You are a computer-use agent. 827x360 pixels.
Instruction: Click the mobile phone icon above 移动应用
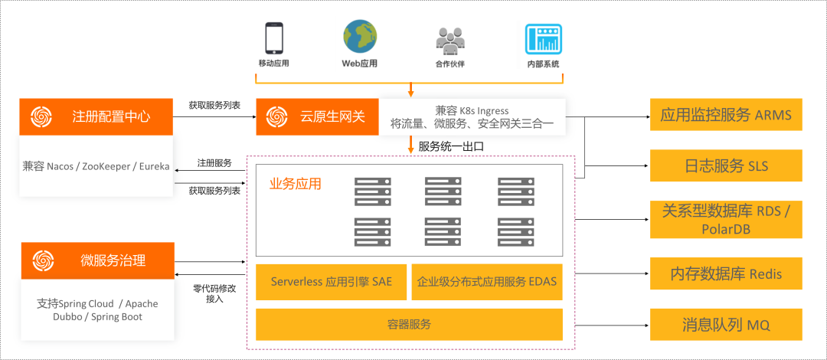point(273,38)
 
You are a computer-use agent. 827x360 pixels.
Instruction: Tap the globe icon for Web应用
point(359,36)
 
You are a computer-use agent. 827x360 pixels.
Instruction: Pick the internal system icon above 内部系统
point(543,38)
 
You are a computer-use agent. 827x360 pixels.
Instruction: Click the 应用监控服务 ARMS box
point(725,116)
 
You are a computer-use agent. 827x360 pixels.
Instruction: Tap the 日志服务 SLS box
point(725,165)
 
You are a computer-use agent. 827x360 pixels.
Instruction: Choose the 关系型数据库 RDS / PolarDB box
point(725,219)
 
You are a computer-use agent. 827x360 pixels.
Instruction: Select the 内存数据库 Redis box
point(725,273)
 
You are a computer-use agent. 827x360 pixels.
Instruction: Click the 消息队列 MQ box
point(725,325)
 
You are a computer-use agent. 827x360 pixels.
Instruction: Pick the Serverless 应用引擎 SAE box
point(331,282)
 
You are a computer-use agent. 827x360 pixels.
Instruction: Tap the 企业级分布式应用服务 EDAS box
point(486,282)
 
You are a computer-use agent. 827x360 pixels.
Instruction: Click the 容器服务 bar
point(409,324)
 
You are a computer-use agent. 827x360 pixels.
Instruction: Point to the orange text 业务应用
point(295,184)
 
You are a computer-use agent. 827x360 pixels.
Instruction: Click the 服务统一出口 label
point(451,146)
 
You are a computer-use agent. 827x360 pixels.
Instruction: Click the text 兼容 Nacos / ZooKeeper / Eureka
point(96,166)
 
